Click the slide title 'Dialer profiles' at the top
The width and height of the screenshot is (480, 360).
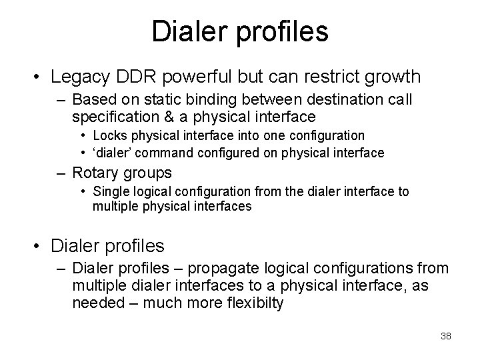coord(240,31)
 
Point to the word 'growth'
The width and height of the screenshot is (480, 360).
coord(396,77)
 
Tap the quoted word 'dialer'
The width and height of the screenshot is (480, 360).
coord(111,153)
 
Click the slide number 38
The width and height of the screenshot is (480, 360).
coord(446,336)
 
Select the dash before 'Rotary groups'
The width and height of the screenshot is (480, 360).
coord(61,173)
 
